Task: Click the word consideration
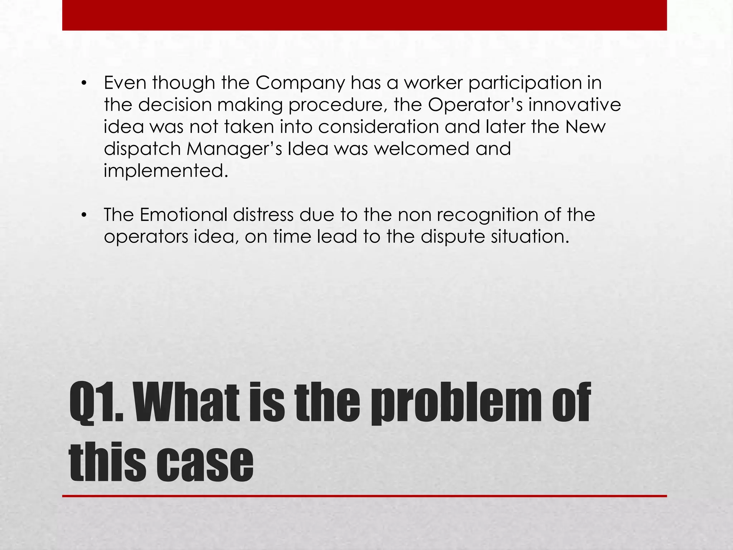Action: pos(378,127)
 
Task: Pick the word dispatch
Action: pos(142,149)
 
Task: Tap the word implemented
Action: pos(165,171)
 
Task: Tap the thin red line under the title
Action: pos(364,496)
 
